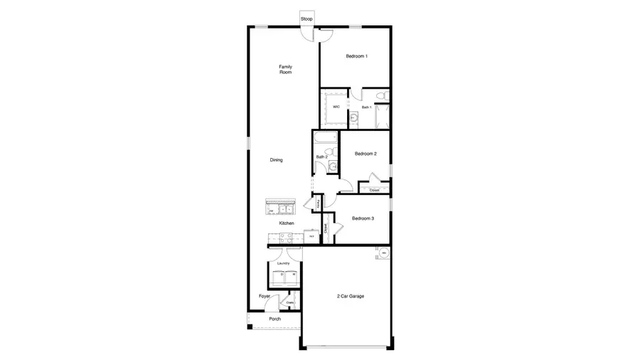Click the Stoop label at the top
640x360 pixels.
[x=306, y=18]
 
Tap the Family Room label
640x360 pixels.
[x=285, y=70]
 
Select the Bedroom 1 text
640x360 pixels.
[x=356, y=56]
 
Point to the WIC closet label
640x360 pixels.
[x=336, y=107]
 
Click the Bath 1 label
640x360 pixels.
[x=366, y=107]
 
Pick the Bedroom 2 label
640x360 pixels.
[x=365, y=154]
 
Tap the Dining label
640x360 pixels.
[x=276, y=160]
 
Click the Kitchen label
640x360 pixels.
[x=287, y=223]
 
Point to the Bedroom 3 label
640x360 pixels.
[x=363, y=218]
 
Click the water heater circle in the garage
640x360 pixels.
[x=383, y=253]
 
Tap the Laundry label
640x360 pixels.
[x=284, y=263]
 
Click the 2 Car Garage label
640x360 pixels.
[x=350, y=296]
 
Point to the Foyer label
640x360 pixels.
[x=265, y=296]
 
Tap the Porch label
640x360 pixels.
[x=274, y=319]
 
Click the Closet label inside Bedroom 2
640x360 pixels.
[x=374, y=190]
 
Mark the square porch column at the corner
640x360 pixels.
[x=250, y=327]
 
